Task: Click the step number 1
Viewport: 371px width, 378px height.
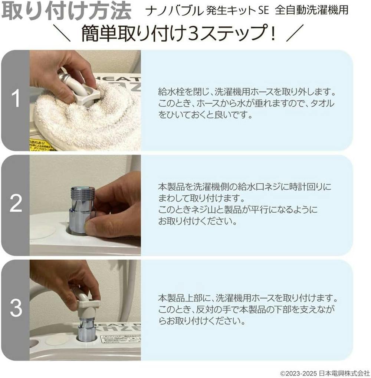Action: [x=16, y=99]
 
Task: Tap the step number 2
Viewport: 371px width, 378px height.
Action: [x=16, y=204]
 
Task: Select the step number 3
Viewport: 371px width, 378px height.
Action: [x=16, y=308]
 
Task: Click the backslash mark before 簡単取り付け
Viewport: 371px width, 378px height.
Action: [x=62, y=33]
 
